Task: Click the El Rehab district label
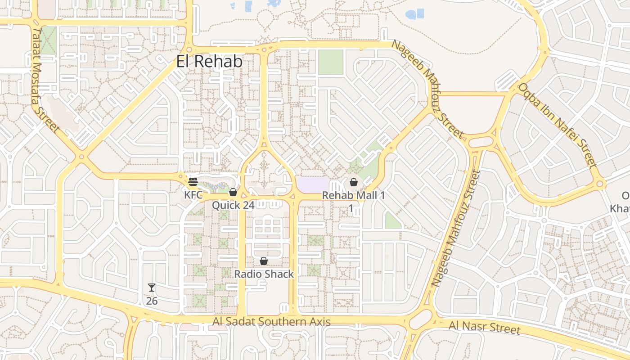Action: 209,62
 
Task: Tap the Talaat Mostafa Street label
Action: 45,80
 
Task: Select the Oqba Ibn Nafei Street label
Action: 558,125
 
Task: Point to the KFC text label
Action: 193,195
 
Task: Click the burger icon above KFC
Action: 193,182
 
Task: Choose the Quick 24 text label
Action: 233,205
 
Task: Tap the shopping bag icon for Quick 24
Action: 233,193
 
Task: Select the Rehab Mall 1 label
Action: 354,196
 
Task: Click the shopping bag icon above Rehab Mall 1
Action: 354,182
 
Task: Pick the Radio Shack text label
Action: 264,274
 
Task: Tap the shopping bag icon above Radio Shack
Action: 264,261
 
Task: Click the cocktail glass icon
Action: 152,288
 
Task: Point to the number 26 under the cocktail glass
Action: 152,301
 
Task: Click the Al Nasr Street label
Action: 484,327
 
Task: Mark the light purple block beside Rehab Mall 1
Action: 313,184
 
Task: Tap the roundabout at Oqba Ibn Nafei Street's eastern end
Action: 599,184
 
